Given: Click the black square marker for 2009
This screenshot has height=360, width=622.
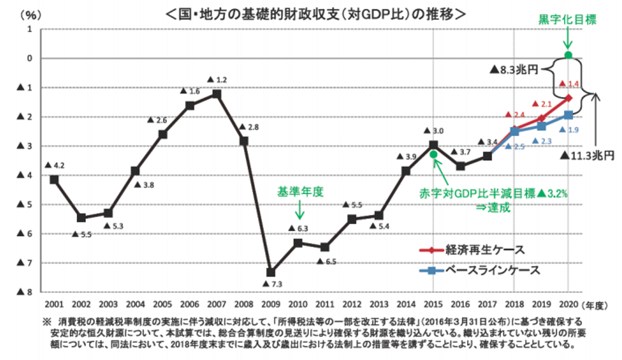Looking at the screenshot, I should point(271,272).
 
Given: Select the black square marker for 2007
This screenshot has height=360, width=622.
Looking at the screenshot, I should point(217,94).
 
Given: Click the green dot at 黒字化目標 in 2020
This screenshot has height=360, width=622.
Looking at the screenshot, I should point(568,55).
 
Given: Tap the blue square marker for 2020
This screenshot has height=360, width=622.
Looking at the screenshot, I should point(568,115).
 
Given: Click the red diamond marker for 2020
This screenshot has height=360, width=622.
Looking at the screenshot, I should point(568,97).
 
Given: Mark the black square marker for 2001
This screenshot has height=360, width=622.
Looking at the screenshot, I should point(54,180).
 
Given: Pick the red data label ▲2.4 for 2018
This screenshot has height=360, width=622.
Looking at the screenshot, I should point(515,114).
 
